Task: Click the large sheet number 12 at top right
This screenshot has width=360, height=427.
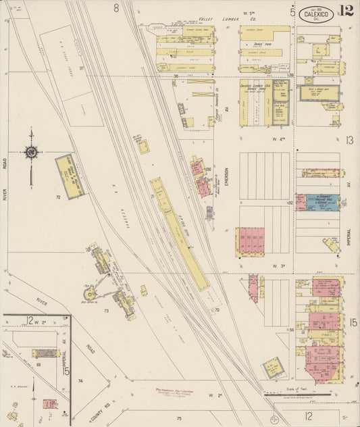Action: (346, 10)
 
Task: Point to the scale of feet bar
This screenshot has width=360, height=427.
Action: (297, 393)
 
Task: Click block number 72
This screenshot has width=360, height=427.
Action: (58, 197)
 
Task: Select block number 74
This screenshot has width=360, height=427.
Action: (80, 381)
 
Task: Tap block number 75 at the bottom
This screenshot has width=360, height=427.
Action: (180, 419)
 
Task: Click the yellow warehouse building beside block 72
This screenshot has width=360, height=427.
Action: (70, 176)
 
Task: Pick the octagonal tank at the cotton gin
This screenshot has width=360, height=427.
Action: (89, 293)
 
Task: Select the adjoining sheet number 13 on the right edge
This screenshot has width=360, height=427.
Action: (349, 140)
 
